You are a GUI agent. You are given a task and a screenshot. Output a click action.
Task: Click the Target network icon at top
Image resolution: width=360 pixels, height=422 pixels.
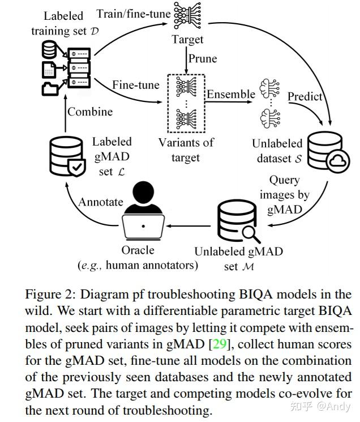[187, 16]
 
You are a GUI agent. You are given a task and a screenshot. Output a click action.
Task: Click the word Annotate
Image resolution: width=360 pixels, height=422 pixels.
[100, 202]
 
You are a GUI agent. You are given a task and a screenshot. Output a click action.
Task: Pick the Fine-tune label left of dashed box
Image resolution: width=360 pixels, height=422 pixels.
[136, 84]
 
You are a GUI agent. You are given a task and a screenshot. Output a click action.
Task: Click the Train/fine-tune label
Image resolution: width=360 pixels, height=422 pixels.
[130, 12]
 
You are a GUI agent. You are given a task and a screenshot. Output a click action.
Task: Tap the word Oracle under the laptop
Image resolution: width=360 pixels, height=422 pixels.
[138, 250]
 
